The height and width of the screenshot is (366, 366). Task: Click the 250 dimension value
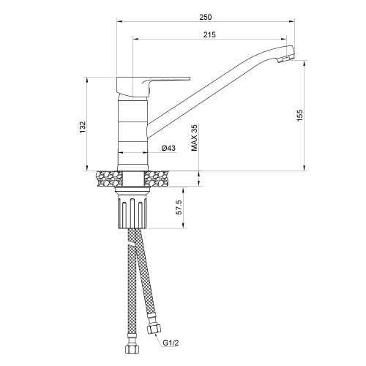(206, 17)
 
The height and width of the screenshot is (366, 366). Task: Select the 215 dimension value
(209, 34)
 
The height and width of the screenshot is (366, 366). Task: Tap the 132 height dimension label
(83, 127)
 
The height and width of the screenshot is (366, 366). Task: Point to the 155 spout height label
(299, 116)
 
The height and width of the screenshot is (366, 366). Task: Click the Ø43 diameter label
(168, 148)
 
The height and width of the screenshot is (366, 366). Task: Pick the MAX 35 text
(194, 138)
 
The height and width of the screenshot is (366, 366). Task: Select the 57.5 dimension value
(179, 207)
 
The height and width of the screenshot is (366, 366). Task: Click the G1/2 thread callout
(171, 343)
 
